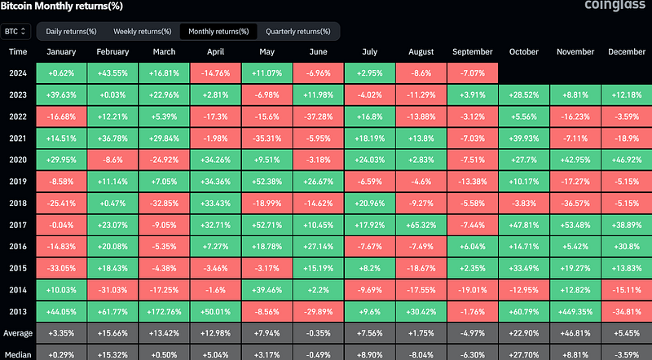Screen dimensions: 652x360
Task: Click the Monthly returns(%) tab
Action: click(x=218, y=32)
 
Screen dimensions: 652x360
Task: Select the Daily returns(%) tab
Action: click(x=71, y=32)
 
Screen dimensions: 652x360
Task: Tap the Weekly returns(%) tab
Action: click(x=142, y=32)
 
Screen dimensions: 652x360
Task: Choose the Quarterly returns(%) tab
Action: click(x=297, y=32)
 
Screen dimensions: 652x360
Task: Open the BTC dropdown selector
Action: click(x=15, y=32)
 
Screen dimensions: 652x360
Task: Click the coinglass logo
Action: click(x=615, y=5)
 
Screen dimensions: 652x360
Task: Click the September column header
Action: click(x=473, y=52)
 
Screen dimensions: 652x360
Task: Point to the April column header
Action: click(x=215, y=52)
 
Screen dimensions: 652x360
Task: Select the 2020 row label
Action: click(x=18, y=160)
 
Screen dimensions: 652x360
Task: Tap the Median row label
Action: click(x=18, y=355)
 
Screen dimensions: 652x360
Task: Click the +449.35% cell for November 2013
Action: click(x=575, y=312)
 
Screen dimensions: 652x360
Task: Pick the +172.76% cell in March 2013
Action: click(x=165, y=312)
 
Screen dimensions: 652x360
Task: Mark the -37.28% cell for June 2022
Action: click(x=319, y=116)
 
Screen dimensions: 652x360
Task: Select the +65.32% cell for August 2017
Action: click(x=421, y=225)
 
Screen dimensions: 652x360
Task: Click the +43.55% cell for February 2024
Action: click(x=112, y=73)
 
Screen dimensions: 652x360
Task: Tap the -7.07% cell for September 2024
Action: click(x=473, y=73)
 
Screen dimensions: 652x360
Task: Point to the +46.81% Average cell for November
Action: click(x=575, y=333)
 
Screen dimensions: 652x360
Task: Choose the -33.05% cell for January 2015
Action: click(x=61, y=269)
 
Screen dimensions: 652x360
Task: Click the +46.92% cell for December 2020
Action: click(x=627, y=160)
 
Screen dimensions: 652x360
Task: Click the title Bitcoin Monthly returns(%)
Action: click(x=62, y=6)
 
